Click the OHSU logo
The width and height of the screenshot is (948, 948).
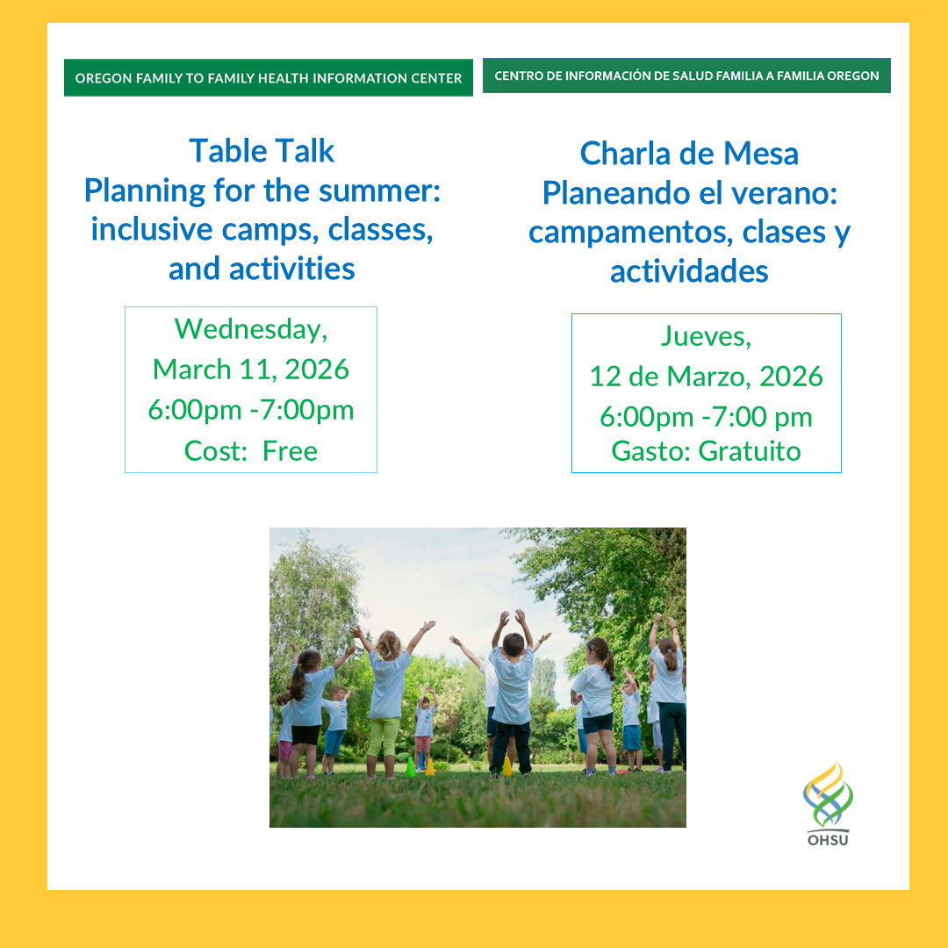827,803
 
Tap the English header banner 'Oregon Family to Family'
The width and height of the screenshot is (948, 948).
268,78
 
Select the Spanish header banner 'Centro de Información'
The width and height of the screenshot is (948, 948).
686,75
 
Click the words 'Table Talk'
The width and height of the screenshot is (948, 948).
262,151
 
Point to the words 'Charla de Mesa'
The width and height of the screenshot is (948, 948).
689,154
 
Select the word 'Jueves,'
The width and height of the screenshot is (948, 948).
706,335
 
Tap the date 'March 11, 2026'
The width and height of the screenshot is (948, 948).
251,369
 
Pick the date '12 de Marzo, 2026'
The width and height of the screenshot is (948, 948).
706,376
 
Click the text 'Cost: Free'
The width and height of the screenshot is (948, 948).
251,450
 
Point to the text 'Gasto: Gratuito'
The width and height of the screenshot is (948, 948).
706,451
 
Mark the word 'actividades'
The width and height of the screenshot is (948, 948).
689,271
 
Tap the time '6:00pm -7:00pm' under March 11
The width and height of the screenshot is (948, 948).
251,410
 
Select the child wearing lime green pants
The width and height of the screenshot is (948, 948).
384,702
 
